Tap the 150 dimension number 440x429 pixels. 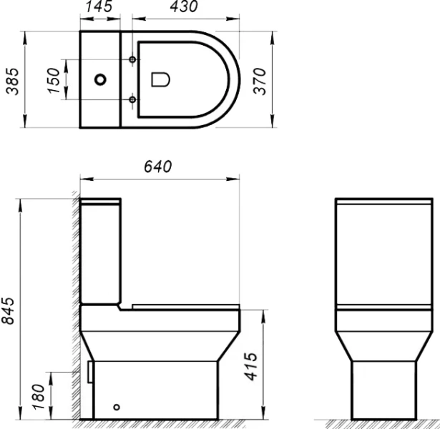pos(51,79)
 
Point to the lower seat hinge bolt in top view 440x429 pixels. pos(133,99)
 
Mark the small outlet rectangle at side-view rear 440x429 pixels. pos(89,370)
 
